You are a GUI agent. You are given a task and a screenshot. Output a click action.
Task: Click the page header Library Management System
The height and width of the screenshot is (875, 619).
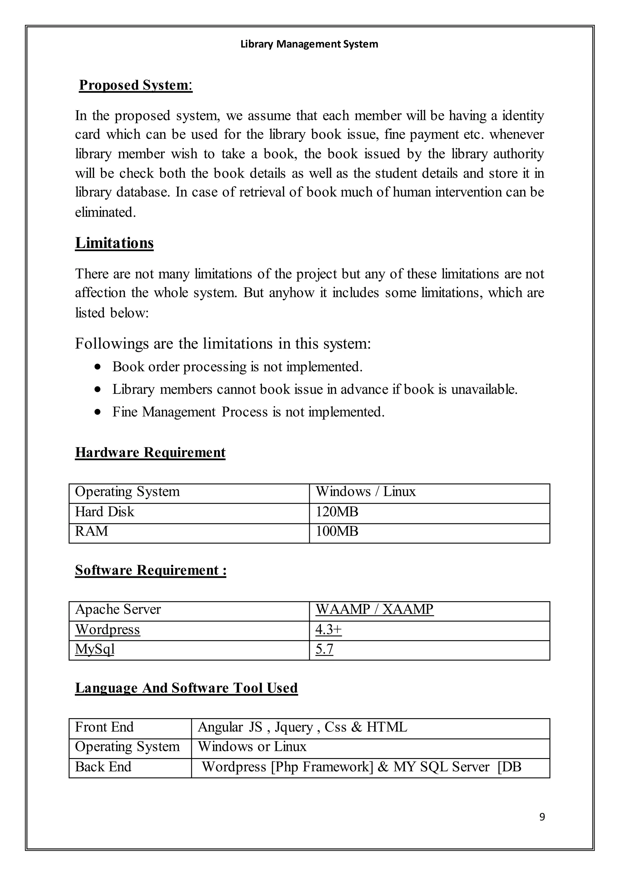click(x=309, y=44)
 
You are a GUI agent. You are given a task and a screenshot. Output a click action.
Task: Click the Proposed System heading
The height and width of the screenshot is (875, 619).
click(x=135, y=85)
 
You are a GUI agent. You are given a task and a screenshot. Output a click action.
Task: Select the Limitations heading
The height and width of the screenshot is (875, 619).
click(x=114, y=243)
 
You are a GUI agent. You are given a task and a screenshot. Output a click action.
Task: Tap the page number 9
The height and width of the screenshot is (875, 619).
click(x=542, y=817)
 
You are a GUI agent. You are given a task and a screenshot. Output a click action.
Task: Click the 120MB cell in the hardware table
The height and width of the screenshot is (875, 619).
click(x=337, y=512)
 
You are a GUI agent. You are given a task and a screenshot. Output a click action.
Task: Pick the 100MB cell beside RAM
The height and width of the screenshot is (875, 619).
click(x=337, y=531)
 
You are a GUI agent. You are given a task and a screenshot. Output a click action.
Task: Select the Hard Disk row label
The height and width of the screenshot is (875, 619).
click(x=105, y=512)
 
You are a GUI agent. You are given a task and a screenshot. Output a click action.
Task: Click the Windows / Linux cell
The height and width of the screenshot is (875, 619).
click(x=365, y=492)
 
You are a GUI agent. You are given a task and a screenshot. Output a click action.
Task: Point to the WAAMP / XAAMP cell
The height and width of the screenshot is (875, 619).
click(x=374, y=609)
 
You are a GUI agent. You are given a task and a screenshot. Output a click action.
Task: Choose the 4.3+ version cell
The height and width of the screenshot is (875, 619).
click(x=329, y=629)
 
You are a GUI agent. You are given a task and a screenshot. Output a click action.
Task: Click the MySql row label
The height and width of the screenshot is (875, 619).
click(x=95, y=649)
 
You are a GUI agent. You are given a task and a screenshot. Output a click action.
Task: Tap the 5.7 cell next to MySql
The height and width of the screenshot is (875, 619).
click(x=324, y=649)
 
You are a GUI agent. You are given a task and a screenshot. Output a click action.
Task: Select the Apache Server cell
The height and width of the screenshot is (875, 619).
click(x=118, y=609)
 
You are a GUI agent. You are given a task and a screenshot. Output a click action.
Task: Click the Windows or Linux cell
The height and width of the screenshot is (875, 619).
click(x=252, y=746)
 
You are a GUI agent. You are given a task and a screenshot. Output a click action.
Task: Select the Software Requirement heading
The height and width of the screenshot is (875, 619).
click(x=151, y=570)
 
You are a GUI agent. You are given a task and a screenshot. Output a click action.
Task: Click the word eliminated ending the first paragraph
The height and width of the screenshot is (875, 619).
click(x=105, y=212)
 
